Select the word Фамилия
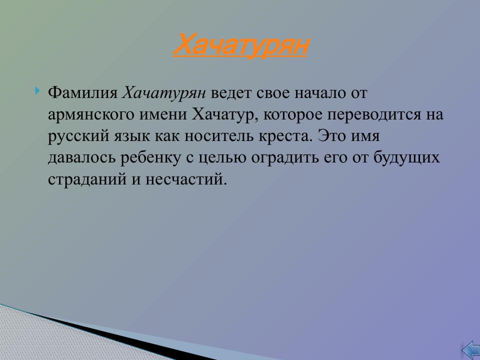point(83,93)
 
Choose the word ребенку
point(149,158)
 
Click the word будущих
point(407,158)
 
